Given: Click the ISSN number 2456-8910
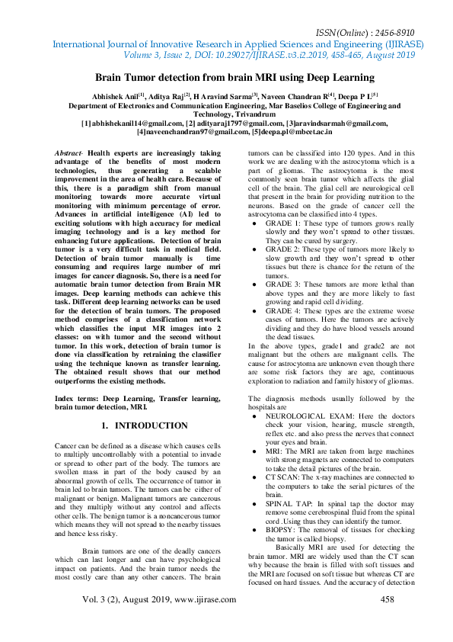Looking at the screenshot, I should tap(391, 34).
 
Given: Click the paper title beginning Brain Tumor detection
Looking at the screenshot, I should tap(234, 78).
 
